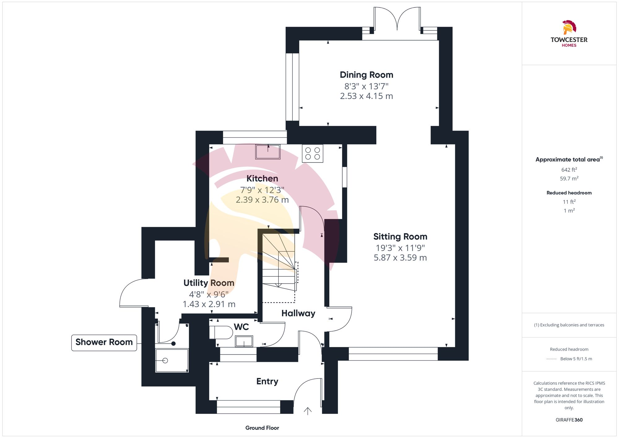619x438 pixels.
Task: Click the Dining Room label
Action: pos(366,75)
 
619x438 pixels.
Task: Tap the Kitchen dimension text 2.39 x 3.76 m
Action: pos(262,200)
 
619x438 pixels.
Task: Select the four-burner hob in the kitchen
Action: pos(313,154)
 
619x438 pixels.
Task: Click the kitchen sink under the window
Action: pos(268,152)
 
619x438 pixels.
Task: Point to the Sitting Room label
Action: pos(400,237)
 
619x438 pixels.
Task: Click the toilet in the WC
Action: pos(221,332)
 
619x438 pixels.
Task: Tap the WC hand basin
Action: pos(244,342)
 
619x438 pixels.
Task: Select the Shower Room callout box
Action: pos(104,342)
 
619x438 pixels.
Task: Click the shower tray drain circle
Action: pos(165,361)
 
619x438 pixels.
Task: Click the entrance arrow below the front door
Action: pos(308,411)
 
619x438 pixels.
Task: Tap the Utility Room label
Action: pos(209,283)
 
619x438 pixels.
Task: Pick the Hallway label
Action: pos(298,313)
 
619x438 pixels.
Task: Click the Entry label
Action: pos(267,381)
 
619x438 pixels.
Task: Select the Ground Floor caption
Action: pos(262,428)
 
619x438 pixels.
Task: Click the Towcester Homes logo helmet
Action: pos(569,27)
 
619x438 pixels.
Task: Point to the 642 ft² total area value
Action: pos(569,170)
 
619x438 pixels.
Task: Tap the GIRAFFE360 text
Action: pos(569,420)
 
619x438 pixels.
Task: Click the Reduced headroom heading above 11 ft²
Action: pos(569,193)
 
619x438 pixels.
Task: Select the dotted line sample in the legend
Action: pos(552,359)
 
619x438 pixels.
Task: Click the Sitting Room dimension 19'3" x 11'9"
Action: pos(400,248)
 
